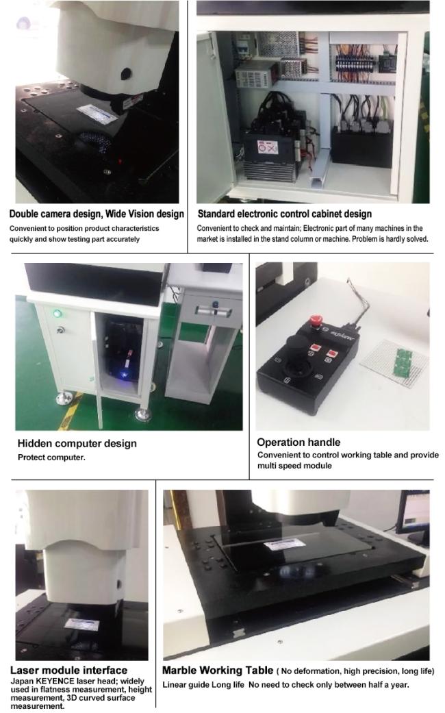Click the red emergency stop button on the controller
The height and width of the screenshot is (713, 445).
coord(314,321)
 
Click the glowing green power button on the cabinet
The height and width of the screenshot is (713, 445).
coord(58,313)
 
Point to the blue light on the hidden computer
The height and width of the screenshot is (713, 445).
coord(124,374)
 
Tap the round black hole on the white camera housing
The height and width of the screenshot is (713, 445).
coord(125,74)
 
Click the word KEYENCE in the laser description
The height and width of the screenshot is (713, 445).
coord(55,681)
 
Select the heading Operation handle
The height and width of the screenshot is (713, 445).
coord(298,442)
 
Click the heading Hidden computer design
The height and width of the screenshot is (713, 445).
coord(77,443)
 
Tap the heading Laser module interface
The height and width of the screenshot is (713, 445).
coord(68,670)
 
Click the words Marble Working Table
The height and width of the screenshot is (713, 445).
coord(218,670)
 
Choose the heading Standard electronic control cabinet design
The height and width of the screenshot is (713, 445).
coord(285,214)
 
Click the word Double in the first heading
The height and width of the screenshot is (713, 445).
coord(23,214)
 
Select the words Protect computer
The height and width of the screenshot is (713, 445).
coord(51,458)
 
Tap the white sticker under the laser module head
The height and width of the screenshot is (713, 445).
coord(82,625)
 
